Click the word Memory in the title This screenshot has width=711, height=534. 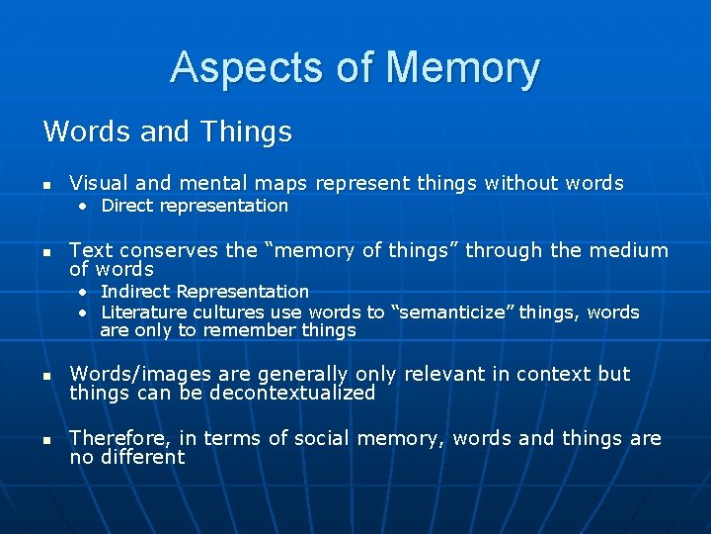463,68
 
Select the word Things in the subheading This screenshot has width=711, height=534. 246,132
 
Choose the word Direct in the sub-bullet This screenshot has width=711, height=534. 126,206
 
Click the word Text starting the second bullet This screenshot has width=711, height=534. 90,250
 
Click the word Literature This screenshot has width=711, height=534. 142,312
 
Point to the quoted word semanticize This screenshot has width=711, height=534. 452,312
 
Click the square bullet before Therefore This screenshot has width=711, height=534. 46,439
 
